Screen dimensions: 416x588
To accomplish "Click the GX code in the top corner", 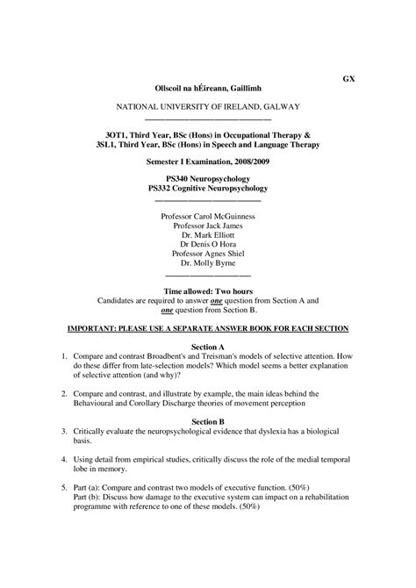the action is pos(348,78).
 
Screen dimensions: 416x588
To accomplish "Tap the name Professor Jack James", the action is pos(208,226).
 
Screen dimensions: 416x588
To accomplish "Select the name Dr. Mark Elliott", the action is pos(208,237).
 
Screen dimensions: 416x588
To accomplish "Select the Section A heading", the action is pos(208,348).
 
